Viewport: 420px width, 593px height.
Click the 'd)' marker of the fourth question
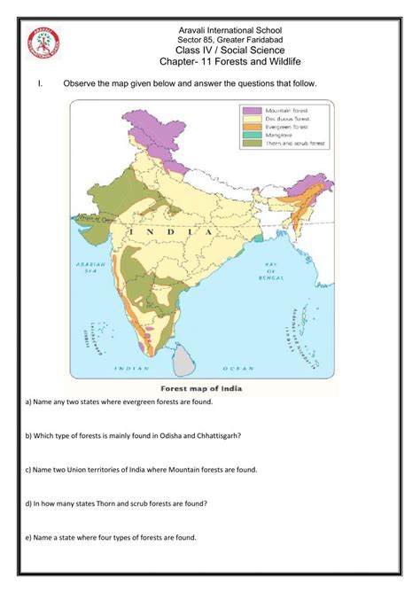click(x=30, y=503)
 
